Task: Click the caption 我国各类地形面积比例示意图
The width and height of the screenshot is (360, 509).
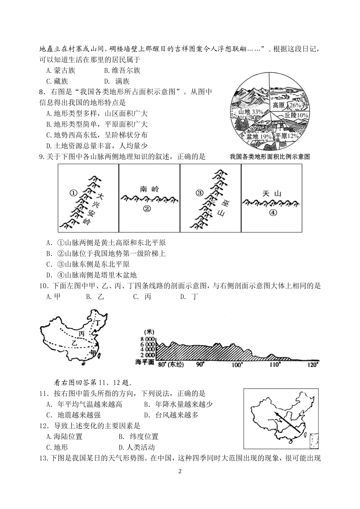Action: pyautogui.click(x=269, y=156)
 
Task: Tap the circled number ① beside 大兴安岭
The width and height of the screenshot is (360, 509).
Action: pyautogui.click(x=74, y=193)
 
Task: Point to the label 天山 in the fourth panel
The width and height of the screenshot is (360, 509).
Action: pyautogui.click(x=272, y=193)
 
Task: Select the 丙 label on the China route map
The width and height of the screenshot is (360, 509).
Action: pyautogui.click(x=81, y=334)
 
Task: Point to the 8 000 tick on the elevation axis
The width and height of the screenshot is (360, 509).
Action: pyautogui.click(x=148, y=339)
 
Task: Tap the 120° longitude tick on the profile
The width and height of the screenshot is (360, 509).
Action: pyautogui.click(x=312, y=364)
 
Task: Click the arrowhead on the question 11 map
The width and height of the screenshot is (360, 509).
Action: pyautogui.click(x=276, y=414)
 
